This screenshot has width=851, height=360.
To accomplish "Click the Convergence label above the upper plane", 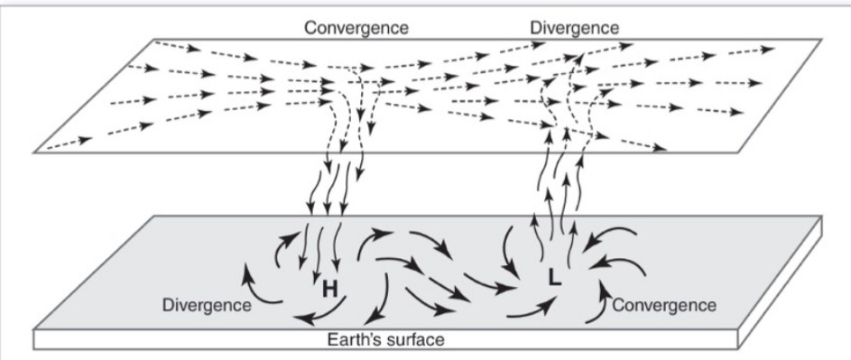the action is (356, 28).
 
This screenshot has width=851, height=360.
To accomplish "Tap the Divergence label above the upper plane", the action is (575, 28).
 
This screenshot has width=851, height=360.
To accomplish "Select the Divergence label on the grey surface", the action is (207, 305).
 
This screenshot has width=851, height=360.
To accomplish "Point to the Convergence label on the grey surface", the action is (664, 305).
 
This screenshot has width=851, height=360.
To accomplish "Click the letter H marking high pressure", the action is (330, 289).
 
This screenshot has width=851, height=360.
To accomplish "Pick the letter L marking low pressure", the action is (555, 281).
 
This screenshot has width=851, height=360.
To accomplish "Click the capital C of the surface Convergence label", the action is (618, 305).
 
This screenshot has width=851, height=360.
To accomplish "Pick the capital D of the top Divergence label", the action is (536, 28).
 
